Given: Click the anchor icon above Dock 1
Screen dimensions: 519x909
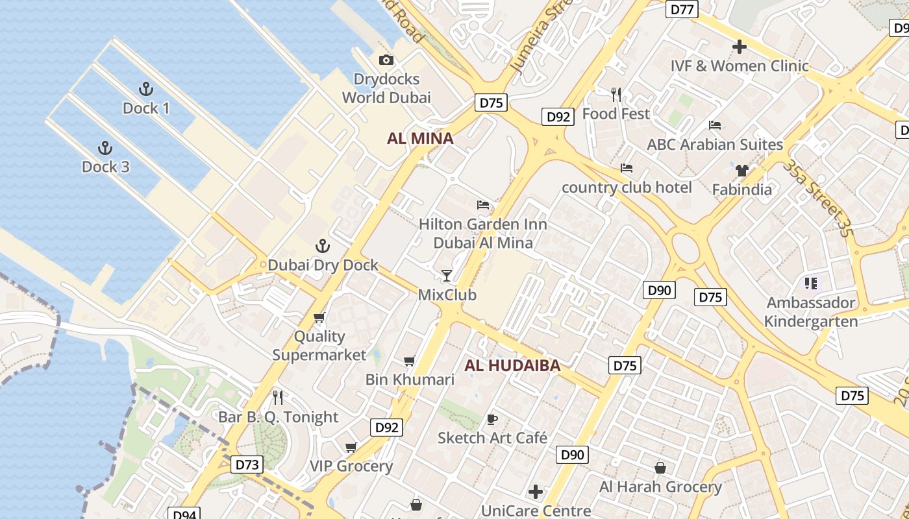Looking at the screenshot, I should point(146,89).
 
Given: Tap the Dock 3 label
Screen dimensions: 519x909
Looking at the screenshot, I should point(105,167).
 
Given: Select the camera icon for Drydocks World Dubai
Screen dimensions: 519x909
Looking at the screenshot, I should point(386,60).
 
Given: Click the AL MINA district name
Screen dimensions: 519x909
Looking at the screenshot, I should point(420,138).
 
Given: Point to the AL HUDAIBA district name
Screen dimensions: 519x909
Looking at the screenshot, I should point(512,366).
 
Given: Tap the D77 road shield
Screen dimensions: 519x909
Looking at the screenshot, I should point(682,9).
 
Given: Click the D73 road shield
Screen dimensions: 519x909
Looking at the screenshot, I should point(247,465).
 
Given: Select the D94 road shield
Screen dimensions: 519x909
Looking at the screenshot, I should point(184,514).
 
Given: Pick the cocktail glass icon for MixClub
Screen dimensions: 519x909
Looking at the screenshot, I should point(447,276).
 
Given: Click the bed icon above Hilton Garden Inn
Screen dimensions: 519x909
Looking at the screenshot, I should point(483,205).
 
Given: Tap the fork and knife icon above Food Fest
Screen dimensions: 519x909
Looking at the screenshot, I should point(616,95).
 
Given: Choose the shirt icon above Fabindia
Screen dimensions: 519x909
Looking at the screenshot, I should point(741,171).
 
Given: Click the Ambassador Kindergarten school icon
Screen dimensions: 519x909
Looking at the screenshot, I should point(811,284).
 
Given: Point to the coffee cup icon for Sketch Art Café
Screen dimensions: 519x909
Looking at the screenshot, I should point(492,419).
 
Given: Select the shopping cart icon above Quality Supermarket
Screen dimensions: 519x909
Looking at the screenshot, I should point(319,317).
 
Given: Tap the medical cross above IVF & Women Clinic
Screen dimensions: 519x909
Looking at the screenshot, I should point(739,47).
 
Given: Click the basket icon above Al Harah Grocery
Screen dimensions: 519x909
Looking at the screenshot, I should point(660,468).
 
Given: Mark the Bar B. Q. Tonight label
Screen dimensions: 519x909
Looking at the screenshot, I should point(278,417).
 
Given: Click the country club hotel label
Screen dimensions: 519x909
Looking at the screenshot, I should point(627,187).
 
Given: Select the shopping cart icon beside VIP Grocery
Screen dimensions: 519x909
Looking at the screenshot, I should point(351,447).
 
